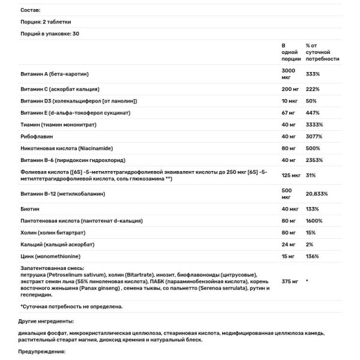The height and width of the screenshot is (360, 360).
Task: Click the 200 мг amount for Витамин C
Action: tap(290, 88)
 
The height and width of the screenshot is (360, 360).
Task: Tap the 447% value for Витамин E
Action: tap(312, 112)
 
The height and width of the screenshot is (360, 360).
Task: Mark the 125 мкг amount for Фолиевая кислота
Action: tap(291, 175)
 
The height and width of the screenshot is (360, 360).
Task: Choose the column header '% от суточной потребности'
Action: tap(322, 52)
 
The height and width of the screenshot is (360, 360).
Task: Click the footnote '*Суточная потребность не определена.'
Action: tap(71, 307)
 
